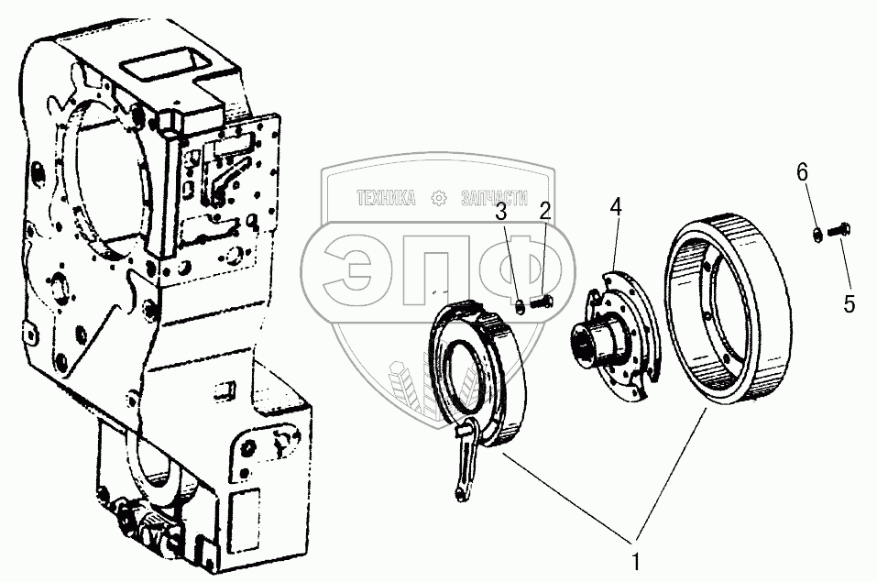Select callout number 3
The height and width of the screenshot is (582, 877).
tap(501, 213)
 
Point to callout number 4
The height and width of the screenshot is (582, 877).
tap(616, 208)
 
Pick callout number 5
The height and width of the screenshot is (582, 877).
tap(849, 303)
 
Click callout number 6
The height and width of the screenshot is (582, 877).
tap(802, 171)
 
